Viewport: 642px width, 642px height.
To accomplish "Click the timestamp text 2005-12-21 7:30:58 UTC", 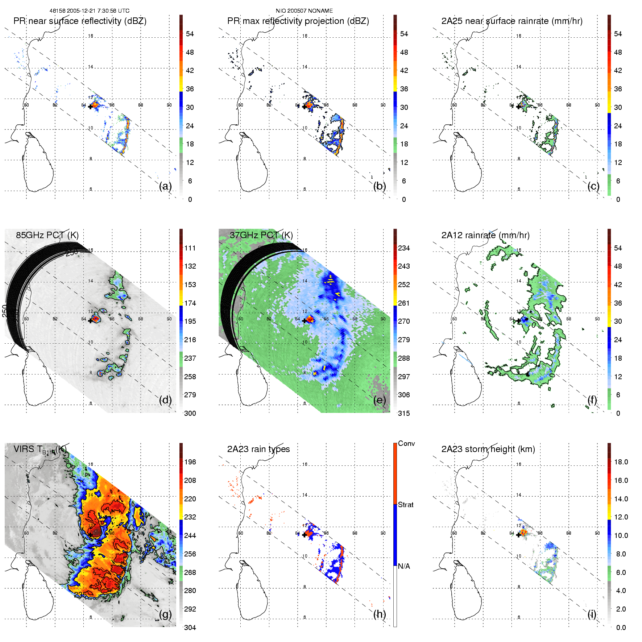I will point(98,11).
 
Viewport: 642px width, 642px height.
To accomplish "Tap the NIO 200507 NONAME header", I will point(304,11).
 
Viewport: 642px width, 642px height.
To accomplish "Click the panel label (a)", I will point(165,186).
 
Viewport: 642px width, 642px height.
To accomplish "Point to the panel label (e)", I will point(379,400).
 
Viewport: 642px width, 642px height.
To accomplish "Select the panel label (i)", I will point(592,614).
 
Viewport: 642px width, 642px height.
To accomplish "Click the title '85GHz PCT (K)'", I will point(47,235).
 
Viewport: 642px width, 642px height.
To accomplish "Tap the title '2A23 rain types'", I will point(258,449).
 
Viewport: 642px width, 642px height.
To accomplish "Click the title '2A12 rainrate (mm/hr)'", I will point(485,235).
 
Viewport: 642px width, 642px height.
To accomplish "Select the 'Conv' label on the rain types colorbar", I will point(406,443).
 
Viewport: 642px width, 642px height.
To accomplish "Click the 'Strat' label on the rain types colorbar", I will point(406,505).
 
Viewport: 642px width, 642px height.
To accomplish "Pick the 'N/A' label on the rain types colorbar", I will point(404,566).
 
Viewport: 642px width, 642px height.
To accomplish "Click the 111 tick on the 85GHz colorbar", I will point(190,248).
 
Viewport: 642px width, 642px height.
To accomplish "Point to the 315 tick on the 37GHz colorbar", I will point(404,413).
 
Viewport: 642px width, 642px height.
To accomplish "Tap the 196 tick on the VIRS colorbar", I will point(190,462).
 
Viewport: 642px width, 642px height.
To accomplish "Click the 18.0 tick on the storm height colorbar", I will point(621,462).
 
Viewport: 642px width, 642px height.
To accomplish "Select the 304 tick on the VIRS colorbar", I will point(190,627).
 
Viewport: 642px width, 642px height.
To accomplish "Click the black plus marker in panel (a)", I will point(90,107).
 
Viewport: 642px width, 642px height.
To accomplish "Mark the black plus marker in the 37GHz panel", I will point(304,320).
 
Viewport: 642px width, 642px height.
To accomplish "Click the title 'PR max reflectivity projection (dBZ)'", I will point(298,21).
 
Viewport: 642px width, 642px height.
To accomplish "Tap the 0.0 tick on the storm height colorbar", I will point(621,627).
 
